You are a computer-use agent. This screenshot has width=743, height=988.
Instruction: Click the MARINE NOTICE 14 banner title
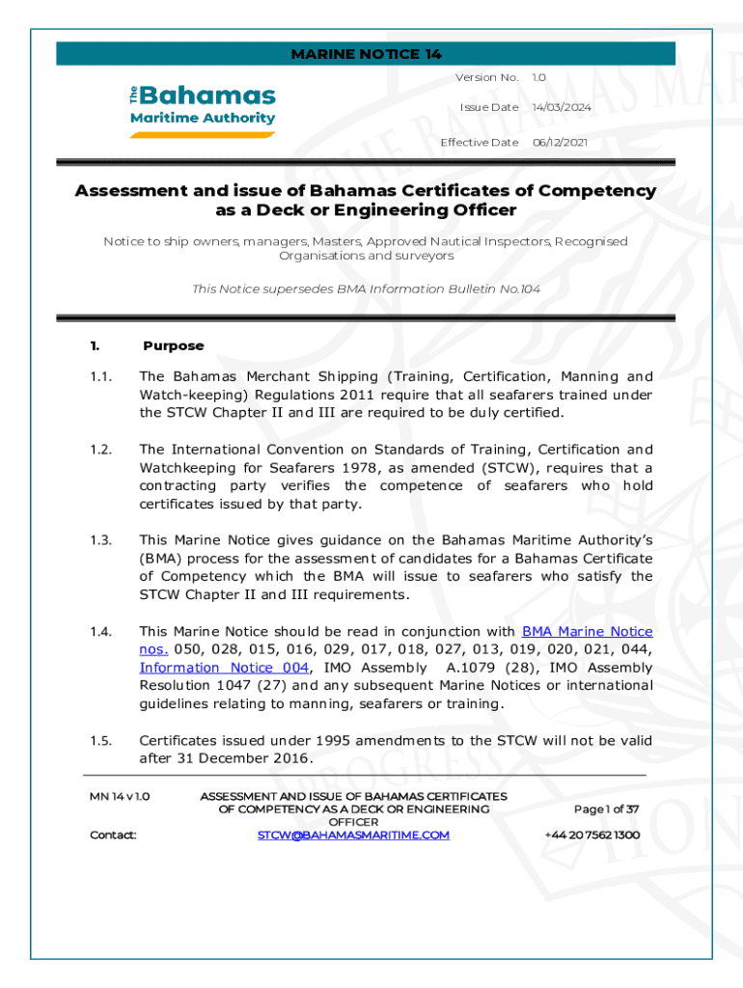pyautogui.click(x=366, y=54)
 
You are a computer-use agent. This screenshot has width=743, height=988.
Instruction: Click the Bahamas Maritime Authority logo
pyautogui.click(x=203, y=110)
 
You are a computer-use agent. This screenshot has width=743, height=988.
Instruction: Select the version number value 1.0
pyautogui.click(x=539, y=77)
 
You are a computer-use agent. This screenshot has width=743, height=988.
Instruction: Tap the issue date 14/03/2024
pyautogui.click(x=562, y=107)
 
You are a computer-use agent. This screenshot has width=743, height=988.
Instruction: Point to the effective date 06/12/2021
pyautogui.click(x=562, y=143)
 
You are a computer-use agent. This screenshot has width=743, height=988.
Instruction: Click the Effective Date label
pyautogui.click(x=480, y=143)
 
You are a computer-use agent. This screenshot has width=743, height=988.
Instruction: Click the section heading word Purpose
pyautogui.click(x=174, y=345)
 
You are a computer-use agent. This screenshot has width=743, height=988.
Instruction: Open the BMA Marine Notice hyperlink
pyautogui.click(x=587, y=632)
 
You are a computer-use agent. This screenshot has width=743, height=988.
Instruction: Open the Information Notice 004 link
pyautogui.click(x=224, y=668)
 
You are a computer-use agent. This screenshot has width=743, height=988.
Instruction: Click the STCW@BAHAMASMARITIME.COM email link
pyautogui.click(x=353, y=836)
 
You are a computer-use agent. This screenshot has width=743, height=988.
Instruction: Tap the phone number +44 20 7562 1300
pyautogui.click(x=592, y=836)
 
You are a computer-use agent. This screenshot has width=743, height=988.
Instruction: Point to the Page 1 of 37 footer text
pyautogui.click(x=606, y=809)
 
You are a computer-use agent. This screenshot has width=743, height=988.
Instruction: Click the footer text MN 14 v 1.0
pyautogui.click(x=119, y=797)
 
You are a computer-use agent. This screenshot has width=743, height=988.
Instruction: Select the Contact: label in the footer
pyautogui.click(x=113, y=836)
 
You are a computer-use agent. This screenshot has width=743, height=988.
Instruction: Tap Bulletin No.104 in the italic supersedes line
pyautogui.click(x=499, y=289)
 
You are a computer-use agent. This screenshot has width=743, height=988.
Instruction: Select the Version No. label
pyautogui.click(x=486, y=77)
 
